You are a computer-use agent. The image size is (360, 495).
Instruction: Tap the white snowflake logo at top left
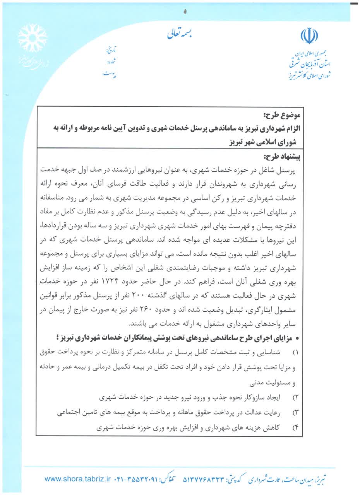[33, 38]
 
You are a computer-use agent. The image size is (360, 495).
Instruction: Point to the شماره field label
[111, 61]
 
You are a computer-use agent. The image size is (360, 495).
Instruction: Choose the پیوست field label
[110, 73]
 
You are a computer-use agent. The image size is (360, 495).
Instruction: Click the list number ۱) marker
[296, 353]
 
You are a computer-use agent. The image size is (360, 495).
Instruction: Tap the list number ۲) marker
[296, 397]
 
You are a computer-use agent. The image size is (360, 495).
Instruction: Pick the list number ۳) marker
[296, 413]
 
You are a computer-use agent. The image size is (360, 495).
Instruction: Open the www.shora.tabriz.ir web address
[78, 479]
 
